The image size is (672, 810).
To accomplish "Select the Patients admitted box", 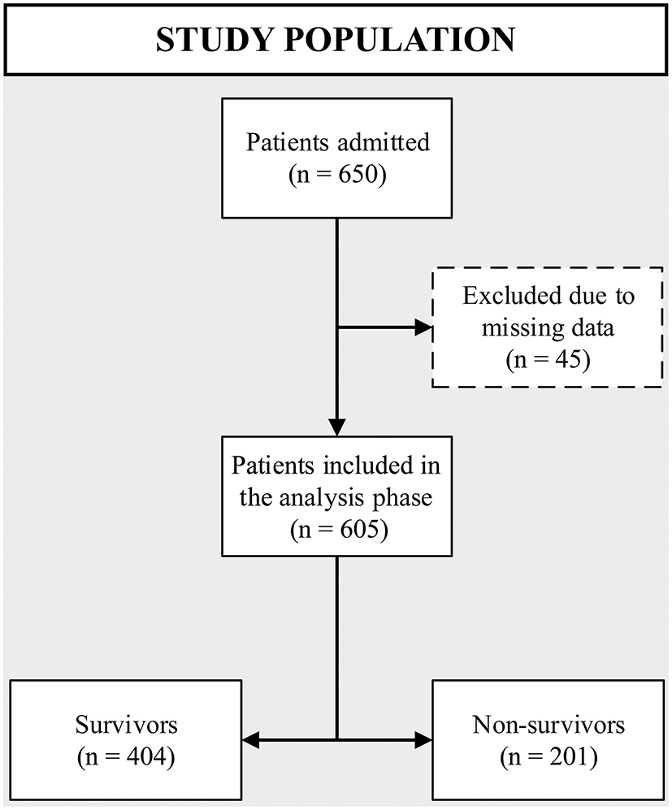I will (x=336, y=158).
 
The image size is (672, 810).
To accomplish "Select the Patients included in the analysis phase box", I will (x=336, y=496).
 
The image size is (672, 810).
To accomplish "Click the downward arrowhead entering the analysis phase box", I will (x=336, y=427).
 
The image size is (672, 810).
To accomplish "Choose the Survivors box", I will (x=126, y=739).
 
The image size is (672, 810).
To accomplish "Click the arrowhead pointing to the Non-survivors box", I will (x=423, y=739).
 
